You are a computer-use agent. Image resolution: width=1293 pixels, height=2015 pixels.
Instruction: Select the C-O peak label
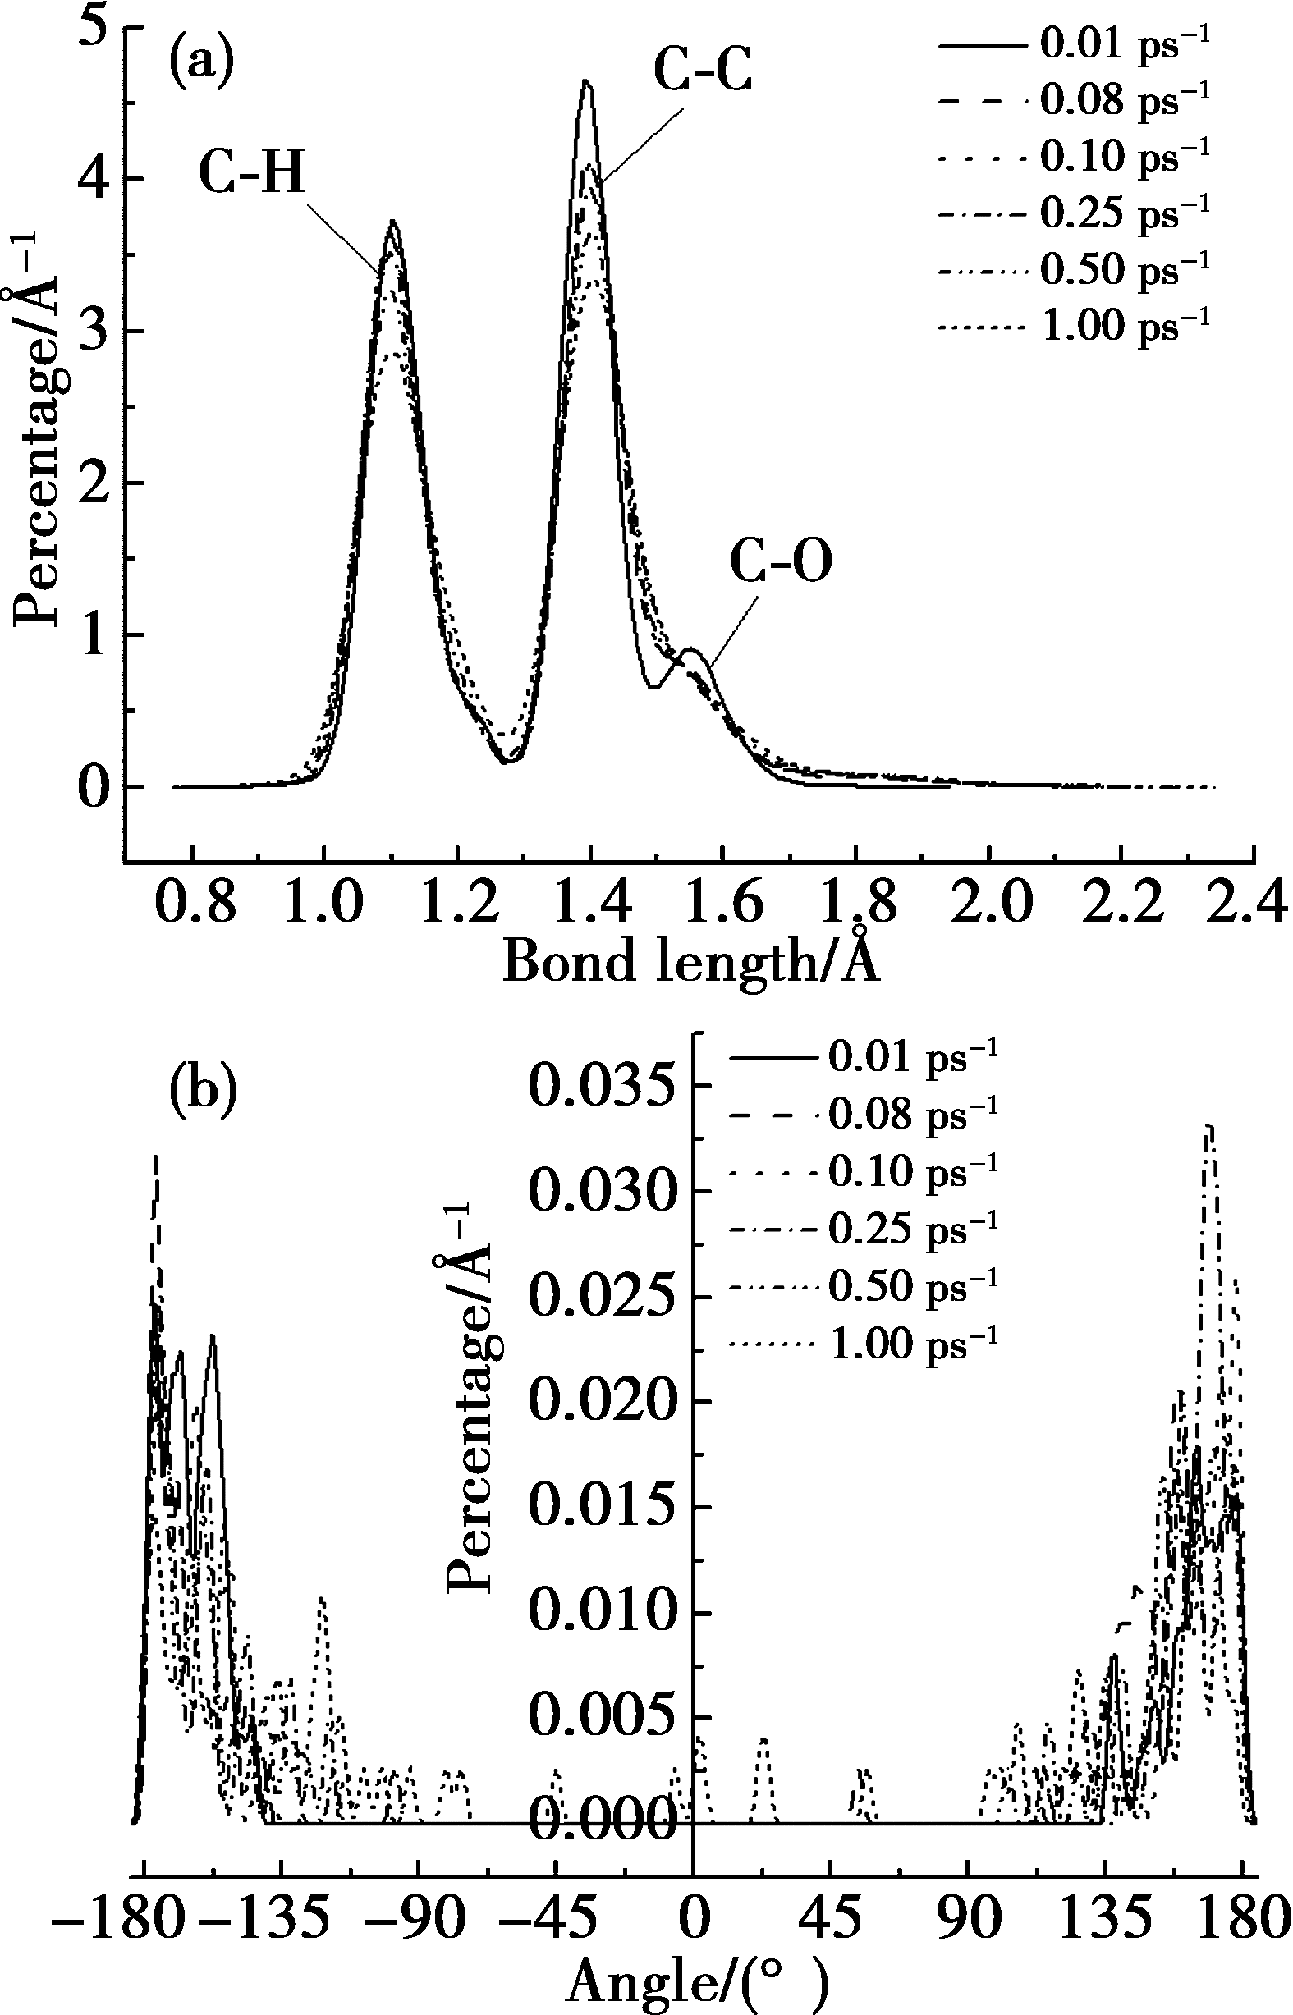pos(780,562)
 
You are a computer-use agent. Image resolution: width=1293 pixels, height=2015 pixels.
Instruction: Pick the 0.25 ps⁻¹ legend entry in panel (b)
pos(864,1228)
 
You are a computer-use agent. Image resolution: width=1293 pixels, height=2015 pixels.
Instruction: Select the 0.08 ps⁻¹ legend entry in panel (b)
pos(864,1114)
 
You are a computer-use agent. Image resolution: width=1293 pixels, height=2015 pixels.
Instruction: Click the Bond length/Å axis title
pos(690,961)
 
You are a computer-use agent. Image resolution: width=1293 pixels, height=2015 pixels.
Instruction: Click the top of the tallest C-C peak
pos(586,81)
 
